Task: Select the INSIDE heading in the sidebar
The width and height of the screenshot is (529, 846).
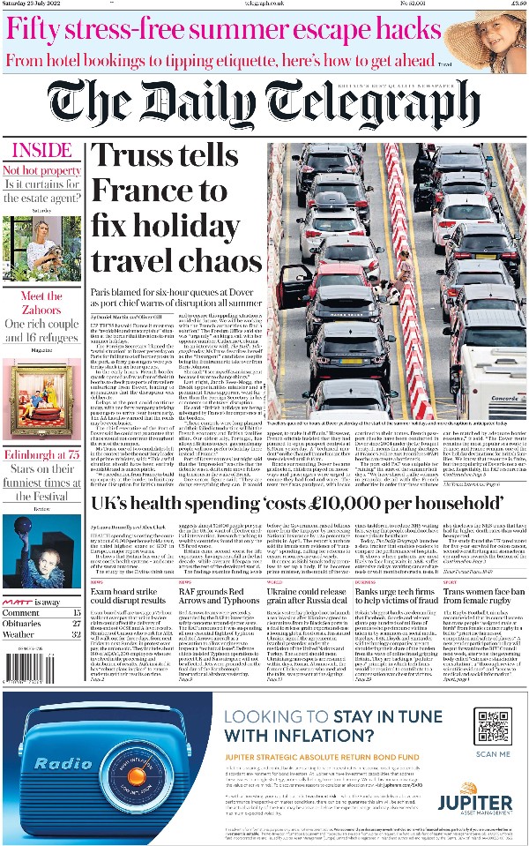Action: point(41,149)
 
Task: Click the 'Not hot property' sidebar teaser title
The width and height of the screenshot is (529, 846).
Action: point(41,170)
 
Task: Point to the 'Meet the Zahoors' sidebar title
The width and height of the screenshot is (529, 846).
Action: point(41,303)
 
